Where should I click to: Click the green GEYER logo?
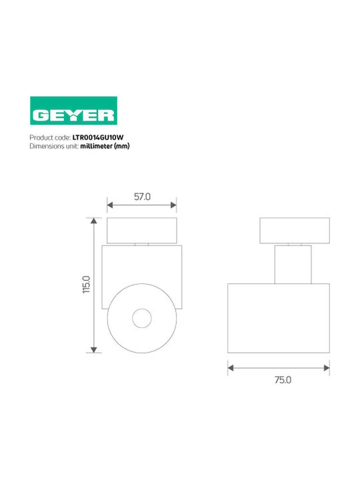pyautogui.click(x=73, y=111)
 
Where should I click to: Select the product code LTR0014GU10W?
pyautogui.click(x=98, y=137)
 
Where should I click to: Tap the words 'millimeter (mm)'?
pyautogui.click(x=105, y=146)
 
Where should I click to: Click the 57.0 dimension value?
pyautogui.click(x=143, y=197)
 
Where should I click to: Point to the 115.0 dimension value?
pyautogui.click(x=86, y=285)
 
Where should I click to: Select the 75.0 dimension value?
pyautogui.click(x=283, y=380)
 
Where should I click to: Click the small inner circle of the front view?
pyautogui.click(x=142, y=318)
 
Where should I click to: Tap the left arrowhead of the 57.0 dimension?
pyautogui.click(x=110, y=205)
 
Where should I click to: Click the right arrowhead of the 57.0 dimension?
pyautogui.click(x=173, y=205)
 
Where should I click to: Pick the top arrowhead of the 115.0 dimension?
pyautogui.click(x=94, y=221)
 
